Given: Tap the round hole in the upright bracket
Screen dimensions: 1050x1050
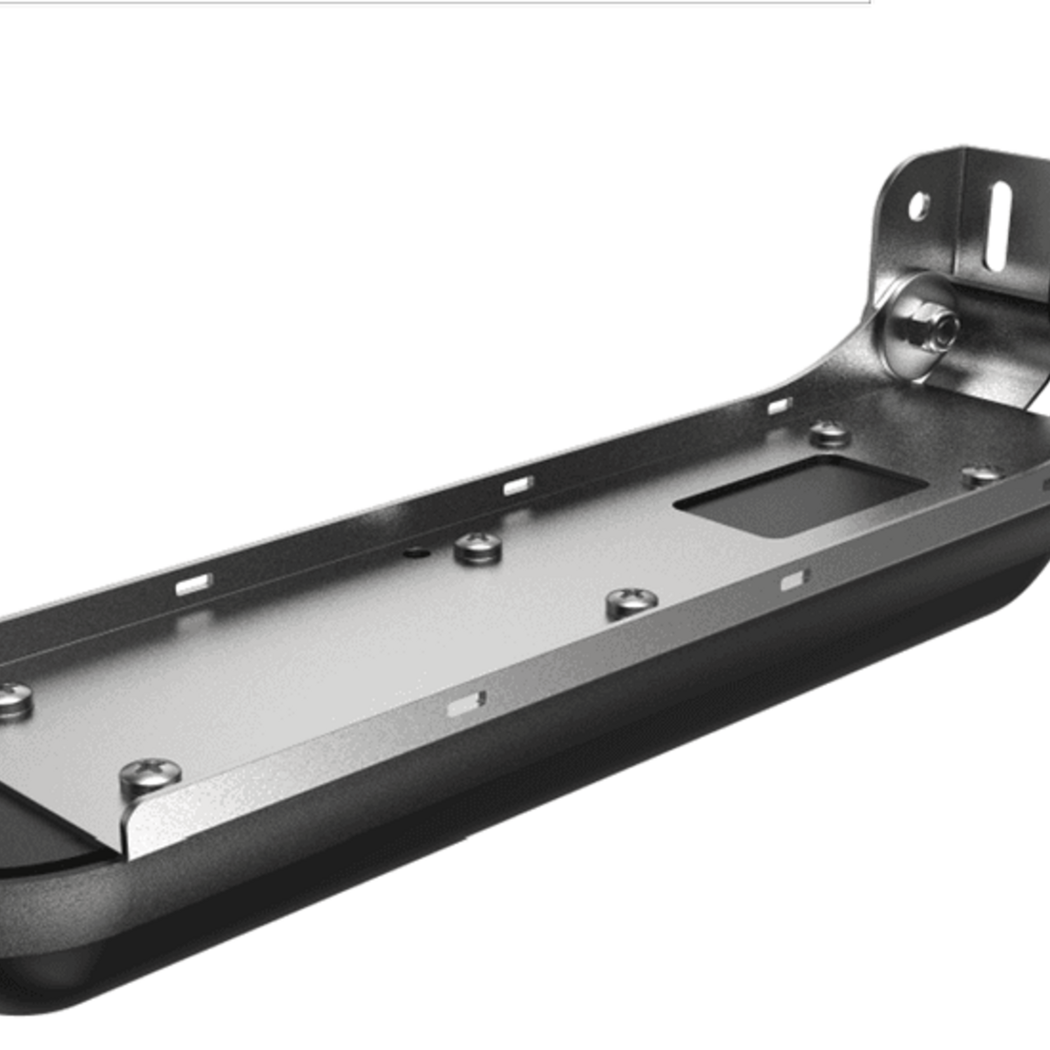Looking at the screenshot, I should pos(918,207).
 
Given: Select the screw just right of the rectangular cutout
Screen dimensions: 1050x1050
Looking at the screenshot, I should pos(981,475).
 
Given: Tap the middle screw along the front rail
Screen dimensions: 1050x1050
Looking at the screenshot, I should pos(631,603).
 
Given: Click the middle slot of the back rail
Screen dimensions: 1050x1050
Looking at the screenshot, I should pos(517,486).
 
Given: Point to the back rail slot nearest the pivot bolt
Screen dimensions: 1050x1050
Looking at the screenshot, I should pos(779,405).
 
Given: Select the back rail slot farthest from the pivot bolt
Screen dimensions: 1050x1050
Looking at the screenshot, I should pos(193,583).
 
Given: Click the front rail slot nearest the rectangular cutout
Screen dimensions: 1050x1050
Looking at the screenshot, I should pos(794,580).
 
